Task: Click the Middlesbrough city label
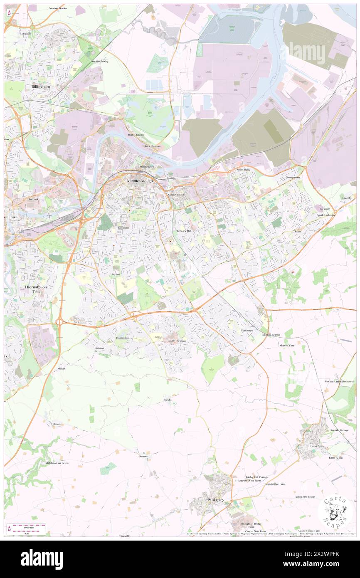pos(140,181)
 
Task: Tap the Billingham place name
pos(40,86)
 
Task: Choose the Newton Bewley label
pos(58,8)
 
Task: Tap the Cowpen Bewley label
pos(99,61)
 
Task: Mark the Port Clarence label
pos(153,146)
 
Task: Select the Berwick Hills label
pos(184,230)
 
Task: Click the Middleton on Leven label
pos(57,463)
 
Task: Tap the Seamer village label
pos(143,456)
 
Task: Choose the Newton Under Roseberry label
pos(339,381)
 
